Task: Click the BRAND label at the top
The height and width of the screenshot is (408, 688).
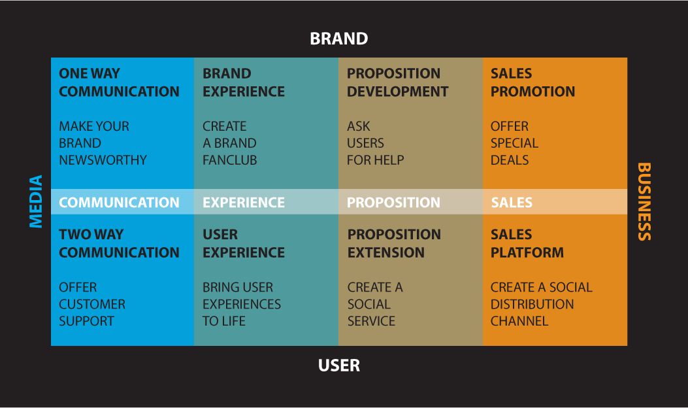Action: point(338,39)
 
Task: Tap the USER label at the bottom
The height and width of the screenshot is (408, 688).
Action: point(338,365)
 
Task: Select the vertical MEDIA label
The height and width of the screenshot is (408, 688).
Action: point(36,201)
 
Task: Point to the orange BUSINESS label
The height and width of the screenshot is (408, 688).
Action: point(644,201)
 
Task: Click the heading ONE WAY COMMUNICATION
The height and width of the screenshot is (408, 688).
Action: point(119,82)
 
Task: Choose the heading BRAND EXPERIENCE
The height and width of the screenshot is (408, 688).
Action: point(244,82)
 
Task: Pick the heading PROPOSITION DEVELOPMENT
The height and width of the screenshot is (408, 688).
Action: point(397,82)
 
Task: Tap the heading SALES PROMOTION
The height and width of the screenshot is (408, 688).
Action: point(532,82)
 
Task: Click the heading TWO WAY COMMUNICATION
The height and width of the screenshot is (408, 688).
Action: point(119,243)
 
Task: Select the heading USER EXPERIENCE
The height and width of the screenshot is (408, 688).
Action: point(244,243)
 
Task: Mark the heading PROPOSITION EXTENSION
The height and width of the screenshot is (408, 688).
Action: point(394,243)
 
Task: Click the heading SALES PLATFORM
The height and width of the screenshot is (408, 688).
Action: point(527,243)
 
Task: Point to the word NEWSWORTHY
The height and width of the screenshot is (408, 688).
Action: point(103,160)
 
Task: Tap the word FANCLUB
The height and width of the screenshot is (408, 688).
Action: point(229,160)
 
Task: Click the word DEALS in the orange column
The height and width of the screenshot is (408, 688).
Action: point(510,160)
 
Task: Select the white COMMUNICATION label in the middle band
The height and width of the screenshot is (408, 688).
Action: point(119,203)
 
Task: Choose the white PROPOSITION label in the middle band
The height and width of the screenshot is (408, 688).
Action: point(393,203)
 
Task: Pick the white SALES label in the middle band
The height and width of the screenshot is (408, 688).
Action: point(512,203)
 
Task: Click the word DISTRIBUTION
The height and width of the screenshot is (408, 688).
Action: point(532,304)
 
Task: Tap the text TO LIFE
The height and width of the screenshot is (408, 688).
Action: point(223,322)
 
